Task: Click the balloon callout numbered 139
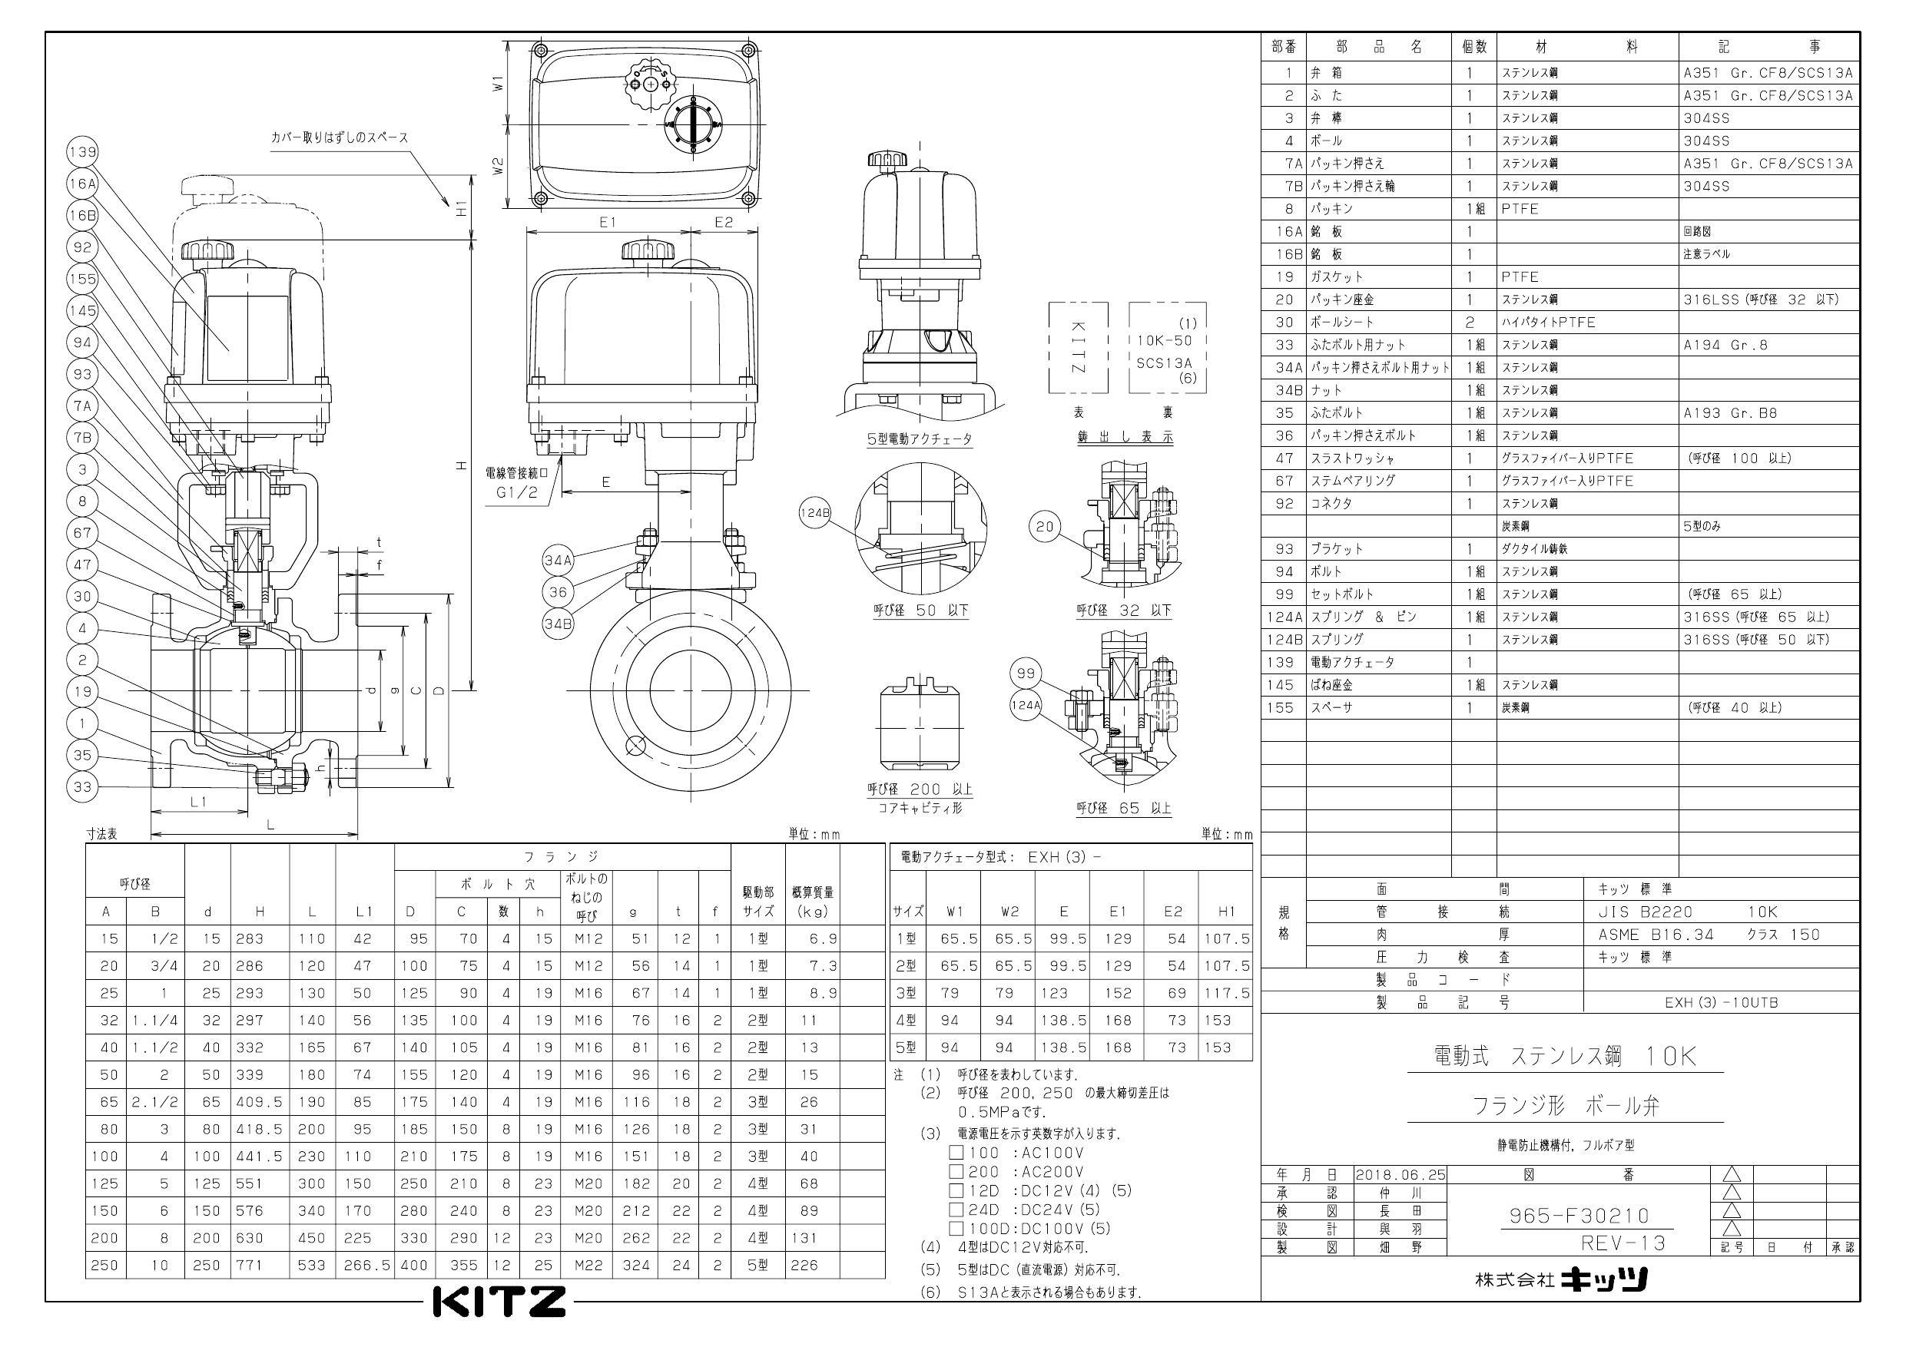tap(82, 153)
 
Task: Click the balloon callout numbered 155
tap(82, 279)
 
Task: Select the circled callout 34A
tap(558, 560)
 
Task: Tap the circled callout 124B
tap(814, 513)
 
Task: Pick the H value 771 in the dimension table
tap(249, 1265)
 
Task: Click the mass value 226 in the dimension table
tap(804, 1265)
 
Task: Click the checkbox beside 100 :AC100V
tap(956, 1152)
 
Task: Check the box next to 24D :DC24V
tap(956, 1210)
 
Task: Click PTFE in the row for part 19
tap(1519, 276)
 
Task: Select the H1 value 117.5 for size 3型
tap(1226, 993)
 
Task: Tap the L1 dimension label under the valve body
tap(197, 802)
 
